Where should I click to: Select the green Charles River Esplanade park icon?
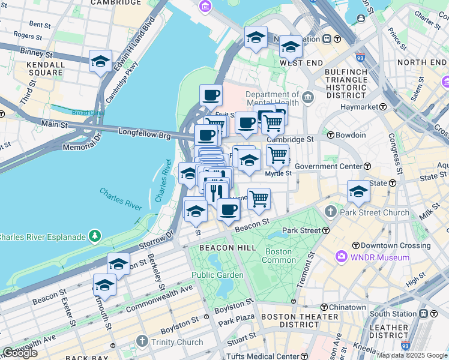coord(94,236)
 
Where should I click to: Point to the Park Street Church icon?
coord(331,212)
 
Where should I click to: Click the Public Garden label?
coord(217,275)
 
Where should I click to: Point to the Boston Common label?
coord(277,256)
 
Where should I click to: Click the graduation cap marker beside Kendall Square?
coord(100,61)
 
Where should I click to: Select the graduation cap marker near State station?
coord(358,191)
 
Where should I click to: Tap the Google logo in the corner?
coord(20,353)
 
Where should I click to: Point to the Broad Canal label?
coord(88,113)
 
